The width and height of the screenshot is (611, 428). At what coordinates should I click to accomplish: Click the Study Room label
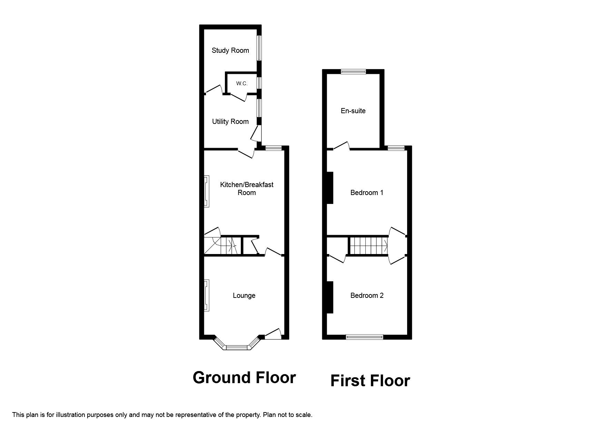pyautogui.click(x=230, y=50)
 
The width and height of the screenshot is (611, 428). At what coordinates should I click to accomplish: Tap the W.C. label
pyautogui.click(x=242, y=84)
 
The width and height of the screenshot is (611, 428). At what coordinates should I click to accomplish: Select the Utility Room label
pyautogui.click(x=230, y=121)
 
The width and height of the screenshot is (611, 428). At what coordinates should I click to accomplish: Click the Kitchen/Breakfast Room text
pyautogui.click(x=247, y=188)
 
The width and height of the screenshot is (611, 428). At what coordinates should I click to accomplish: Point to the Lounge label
pyautogui.click(x=244, y=295)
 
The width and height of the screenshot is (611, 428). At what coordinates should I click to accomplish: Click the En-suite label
pyautogui.click(x=353, y=111)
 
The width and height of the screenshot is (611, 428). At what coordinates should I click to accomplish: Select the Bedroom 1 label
pyautogui.click(x=367, y=193)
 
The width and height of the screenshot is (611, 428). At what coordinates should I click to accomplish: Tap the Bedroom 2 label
pyautogui.click(x=367, y=295)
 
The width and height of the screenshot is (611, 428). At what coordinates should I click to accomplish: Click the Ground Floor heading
pyautogui.click(x=244, y=378)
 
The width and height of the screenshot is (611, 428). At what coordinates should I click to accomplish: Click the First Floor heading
pyautogui.click(x=370, y=381)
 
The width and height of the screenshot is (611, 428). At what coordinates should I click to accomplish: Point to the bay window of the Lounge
pyautogui.click(x=237, y=347)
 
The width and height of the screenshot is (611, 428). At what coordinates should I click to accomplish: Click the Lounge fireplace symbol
pyautogui.click(x=206, y=295)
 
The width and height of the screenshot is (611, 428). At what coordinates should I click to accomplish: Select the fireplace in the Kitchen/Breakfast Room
pyautogui.click(x=206, y=191)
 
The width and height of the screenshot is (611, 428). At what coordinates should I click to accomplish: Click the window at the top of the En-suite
pyautogui.click(x=353, y=72)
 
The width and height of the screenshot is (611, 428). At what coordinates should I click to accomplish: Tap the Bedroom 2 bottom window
pyautogui.click(x=365, y=337)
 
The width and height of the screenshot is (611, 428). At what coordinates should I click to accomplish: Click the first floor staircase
pyautogui.click(x=368, y=245)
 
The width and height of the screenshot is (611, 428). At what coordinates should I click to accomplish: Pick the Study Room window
pyautogui.click(x=259, y=48)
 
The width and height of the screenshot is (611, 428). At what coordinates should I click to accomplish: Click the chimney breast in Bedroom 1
pyautogui.click(x=330, y=188)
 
